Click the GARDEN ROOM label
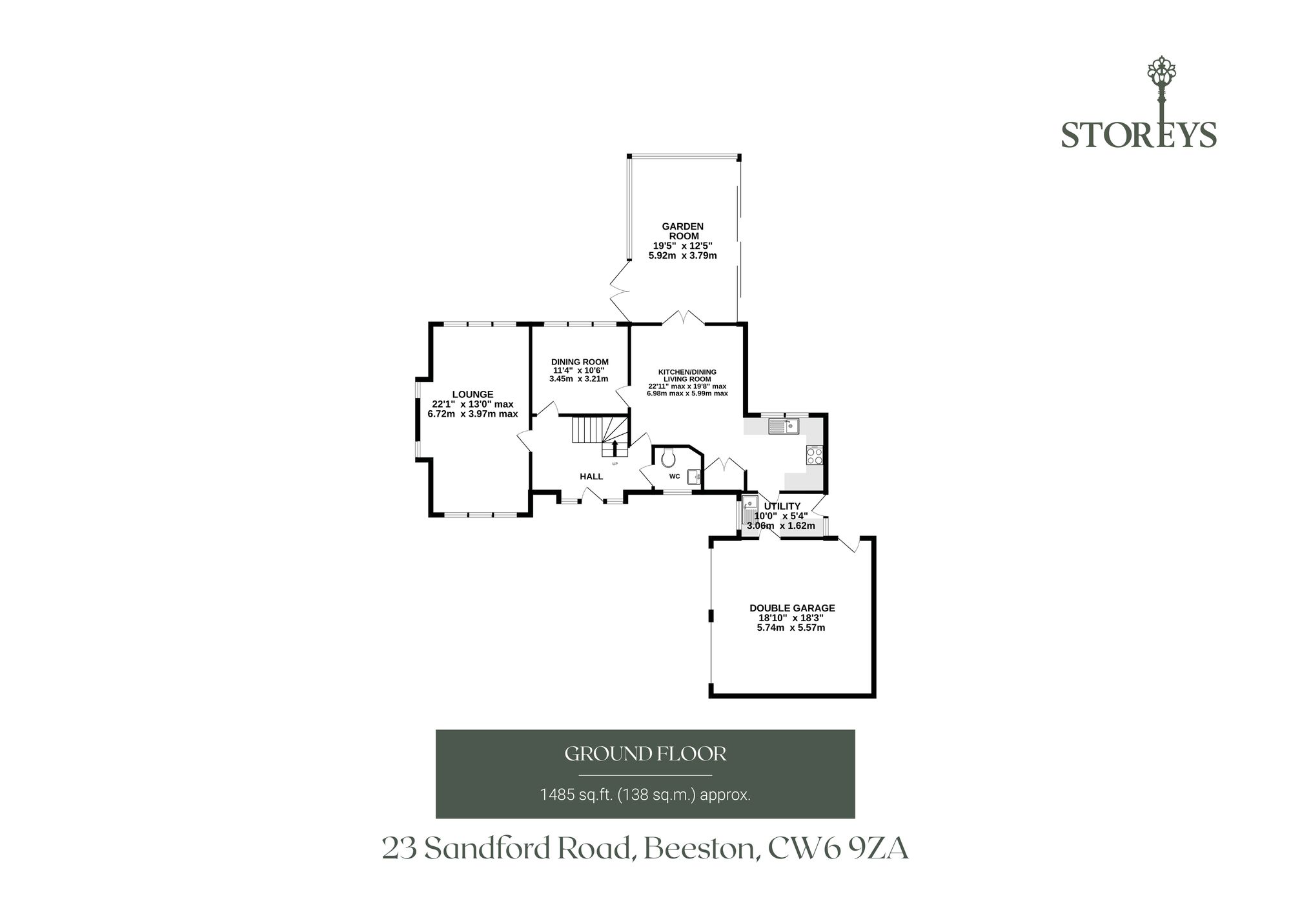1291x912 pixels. (682, 231)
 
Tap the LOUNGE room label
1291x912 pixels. (473, 394)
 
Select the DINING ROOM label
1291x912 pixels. (580, 362)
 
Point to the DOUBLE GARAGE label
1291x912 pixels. (792, 608)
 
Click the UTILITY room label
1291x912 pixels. (782, 506)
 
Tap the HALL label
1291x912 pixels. (591, 477)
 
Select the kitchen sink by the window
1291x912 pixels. (784, 426)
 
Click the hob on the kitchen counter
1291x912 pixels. (814, 455)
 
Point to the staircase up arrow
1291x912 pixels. (615, 448)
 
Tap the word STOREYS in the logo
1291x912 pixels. (1139, 135)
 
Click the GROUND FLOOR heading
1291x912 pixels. (645, 753)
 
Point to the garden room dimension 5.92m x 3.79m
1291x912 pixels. (682, 255)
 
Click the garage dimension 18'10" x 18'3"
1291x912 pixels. (791, 617)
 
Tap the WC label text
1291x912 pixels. (675, 477)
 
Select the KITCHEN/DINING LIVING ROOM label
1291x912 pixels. (687, 375)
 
